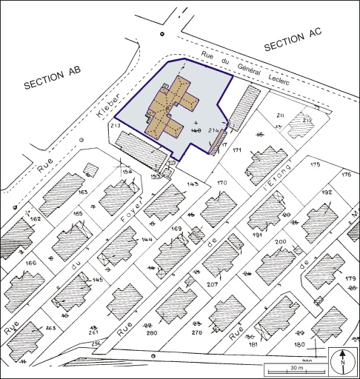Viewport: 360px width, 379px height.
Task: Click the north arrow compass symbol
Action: pos(342,362)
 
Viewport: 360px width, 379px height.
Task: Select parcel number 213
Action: pos(116,127)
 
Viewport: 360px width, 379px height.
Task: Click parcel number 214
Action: pos(215,130)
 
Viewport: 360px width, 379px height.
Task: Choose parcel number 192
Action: pos(327,192)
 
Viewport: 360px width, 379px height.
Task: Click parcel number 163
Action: pos(83,192)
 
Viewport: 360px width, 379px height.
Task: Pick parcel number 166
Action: pos(30,262)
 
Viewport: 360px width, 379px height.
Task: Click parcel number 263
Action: pos(50,328)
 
